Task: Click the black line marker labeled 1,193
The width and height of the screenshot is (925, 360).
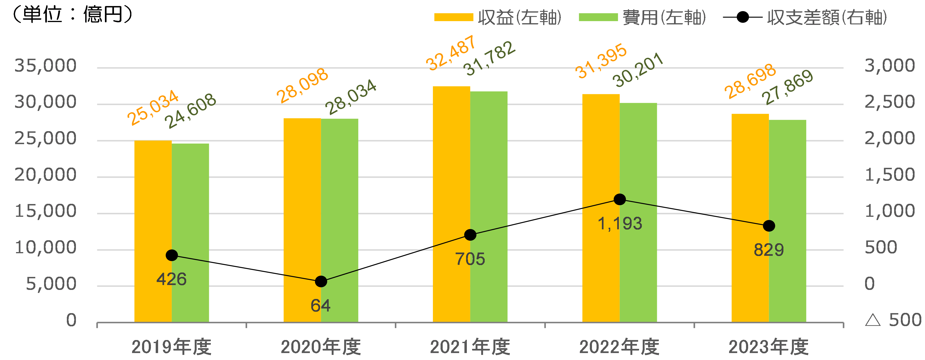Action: click(x=620, y=200)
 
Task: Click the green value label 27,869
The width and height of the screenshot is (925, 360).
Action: click(x=787, y=87)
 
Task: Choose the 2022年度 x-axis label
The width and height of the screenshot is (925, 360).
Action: click(x=619, y=347)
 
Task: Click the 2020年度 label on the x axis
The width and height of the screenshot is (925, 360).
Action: click(x=321, y=347)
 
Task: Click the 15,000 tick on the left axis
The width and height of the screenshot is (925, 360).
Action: click(x=45, y=211)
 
